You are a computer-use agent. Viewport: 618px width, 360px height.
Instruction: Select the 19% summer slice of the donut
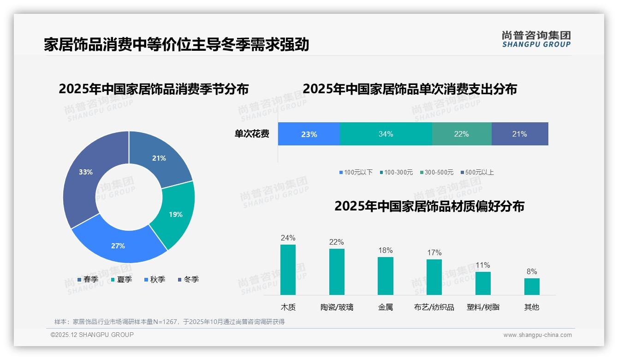point(175,214)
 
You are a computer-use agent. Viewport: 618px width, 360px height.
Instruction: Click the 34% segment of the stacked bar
point(386,134)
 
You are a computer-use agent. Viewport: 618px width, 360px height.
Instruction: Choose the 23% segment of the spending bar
point(309,134)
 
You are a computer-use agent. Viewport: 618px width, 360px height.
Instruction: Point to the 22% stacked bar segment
point(461,134)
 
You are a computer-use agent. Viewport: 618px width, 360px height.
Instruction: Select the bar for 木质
point(288,270)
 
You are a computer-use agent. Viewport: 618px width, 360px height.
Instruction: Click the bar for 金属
point(386,276)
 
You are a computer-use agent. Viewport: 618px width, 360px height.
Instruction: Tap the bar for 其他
point(532,286)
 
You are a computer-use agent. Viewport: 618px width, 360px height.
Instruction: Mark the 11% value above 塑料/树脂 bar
point(483,265)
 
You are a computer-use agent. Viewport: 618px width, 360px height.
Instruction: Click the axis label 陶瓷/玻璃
point(337,307)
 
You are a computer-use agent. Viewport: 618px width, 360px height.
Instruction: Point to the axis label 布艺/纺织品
point(434,307)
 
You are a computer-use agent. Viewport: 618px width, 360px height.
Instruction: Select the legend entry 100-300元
point(396,172)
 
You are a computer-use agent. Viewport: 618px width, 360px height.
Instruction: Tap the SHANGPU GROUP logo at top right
point(536,39)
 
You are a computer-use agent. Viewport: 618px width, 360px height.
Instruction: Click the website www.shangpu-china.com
point(537,335)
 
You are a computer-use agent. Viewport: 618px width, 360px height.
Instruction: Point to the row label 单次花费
point(252,134)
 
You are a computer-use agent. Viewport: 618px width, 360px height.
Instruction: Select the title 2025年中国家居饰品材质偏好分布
point(429,206)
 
